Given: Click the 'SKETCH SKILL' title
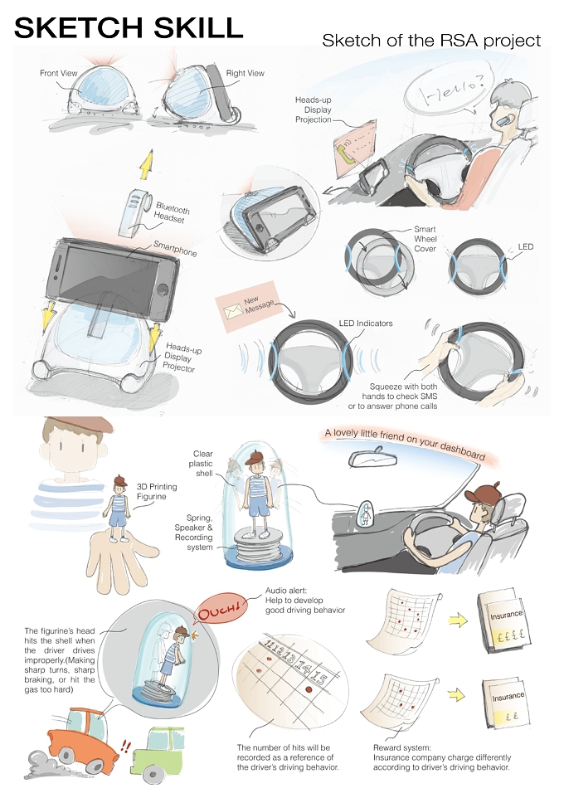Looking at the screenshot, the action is pyautogui.click(x=129, y=27).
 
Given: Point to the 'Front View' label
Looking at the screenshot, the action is pyautogui.click(x=59, y=73).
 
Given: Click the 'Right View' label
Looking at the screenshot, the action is pyautogui.click(x=246, y=73).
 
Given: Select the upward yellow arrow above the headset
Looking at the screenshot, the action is pyautogui.click(x=147, y=164).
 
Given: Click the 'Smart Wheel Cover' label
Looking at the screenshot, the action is pyautogui.click(x=425, y=239).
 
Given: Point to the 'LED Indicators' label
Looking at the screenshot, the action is pyautogui.click(x=366, y=324).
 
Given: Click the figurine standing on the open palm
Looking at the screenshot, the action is pyautogui.click(x=120, y=508).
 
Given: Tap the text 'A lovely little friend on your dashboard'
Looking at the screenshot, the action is pyautogui.click(x=405, y=444).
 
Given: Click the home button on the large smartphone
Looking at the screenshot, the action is pyautogui.click(x=163, y=290).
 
